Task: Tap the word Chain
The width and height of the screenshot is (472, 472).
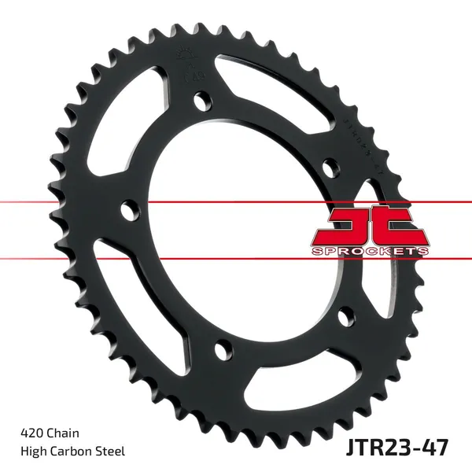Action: [62, 432]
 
